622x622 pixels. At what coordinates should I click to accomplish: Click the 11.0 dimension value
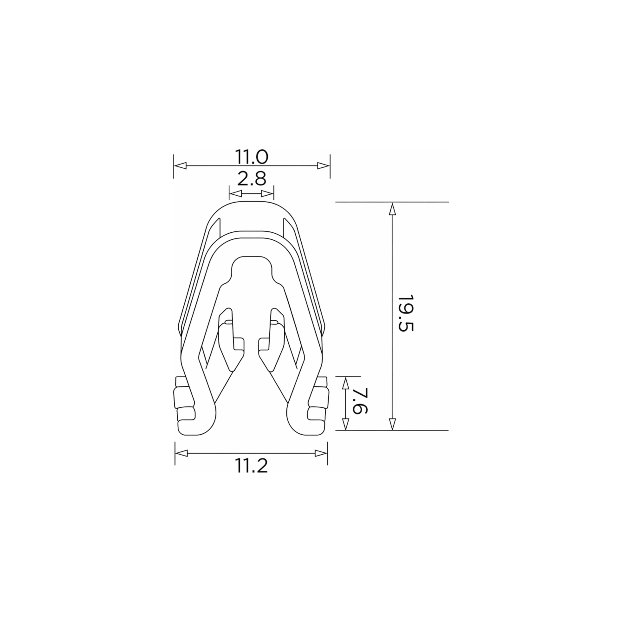tap(252, 157)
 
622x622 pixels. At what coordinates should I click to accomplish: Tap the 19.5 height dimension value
tap(405, 313)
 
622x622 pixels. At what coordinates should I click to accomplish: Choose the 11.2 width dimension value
tap(252, 466)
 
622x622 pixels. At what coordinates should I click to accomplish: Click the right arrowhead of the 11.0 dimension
tap(323, 166)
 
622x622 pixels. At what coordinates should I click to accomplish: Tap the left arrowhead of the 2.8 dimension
tap(235, 194)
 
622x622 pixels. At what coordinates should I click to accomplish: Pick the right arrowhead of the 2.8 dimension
tap(267, 194)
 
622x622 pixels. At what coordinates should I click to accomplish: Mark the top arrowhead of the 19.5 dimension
tap(392, 209)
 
